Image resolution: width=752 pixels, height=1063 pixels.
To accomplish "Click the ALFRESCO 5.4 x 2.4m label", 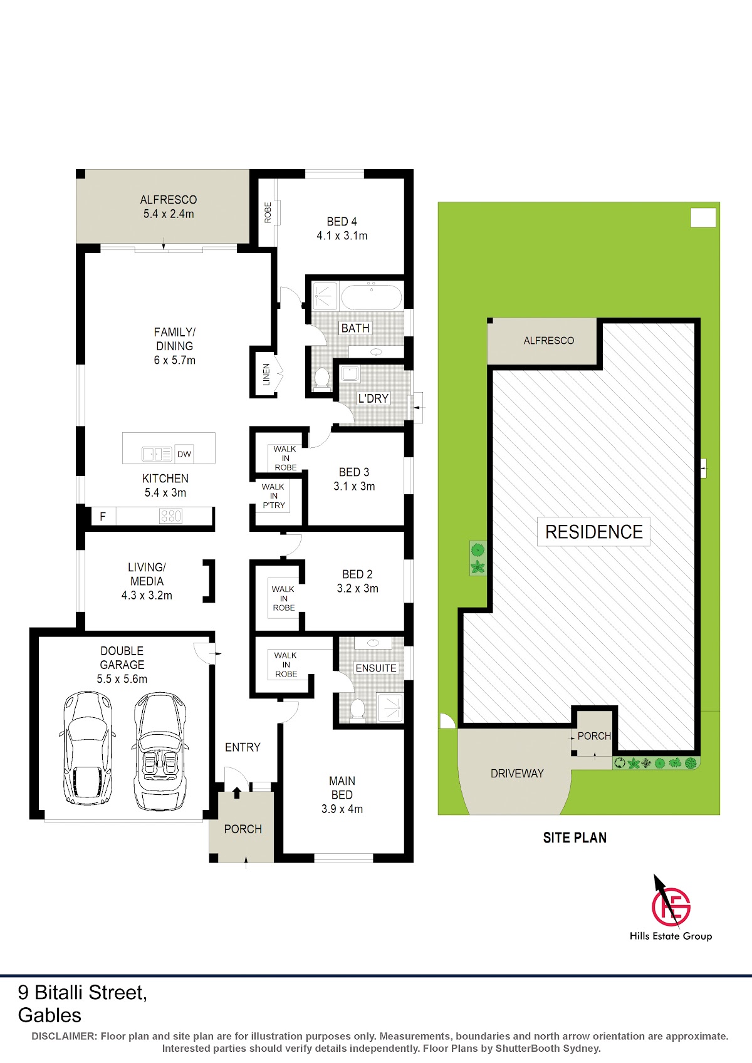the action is pyautogui.click(x=169, y=207).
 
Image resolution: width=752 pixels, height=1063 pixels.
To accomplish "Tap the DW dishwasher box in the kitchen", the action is pyautogui.click(x=184, y=454).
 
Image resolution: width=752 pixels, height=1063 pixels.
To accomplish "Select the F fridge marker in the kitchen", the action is pyautogui.click(x=103, y=516).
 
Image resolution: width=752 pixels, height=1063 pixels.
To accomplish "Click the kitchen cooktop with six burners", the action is pyautogui.click(x=170, y=516).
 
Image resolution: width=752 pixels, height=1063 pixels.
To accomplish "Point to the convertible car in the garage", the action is pyautogui.click(x=159, y=752).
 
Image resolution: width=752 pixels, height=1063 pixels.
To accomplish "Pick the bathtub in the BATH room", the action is pyautogui.click(x=371, y=296).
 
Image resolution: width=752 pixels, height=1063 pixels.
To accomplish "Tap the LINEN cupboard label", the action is pyautogui.click(x=266, y=374).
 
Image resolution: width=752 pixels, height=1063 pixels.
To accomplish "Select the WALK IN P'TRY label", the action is pyautogui.click(x=273, y=496).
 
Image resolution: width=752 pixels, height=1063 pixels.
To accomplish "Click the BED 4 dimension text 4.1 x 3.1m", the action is pyautogui.click(x=342, y=236).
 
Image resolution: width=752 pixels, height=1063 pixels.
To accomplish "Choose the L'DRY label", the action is pyautogui.click(x=373, y=398).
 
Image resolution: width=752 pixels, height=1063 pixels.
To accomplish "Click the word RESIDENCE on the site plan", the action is pyautogui.click(x=594, y=532).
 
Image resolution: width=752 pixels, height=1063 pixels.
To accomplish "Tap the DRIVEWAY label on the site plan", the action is pyautogui.click(x=517, y=774).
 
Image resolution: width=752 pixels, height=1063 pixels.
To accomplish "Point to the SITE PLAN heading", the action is pyautogui.click(x=575, y=837).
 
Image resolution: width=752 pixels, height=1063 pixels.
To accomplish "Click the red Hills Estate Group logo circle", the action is pyautogui.click(x=671, y=906).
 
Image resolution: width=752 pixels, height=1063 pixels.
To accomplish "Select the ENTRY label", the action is pyautogui.click(x=243, y=747).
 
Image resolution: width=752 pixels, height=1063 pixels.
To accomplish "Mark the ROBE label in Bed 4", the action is pyautogui.click(x=268, y=212).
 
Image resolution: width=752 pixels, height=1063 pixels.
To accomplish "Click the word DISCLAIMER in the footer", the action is pyautogui.click(x=64, y=1036).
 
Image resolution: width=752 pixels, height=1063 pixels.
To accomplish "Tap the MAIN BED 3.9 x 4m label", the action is pyautogui.click(x=342, y=795).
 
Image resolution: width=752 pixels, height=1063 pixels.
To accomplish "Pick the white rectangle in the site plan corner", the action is pyautogui.click(x=703, y=218).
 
